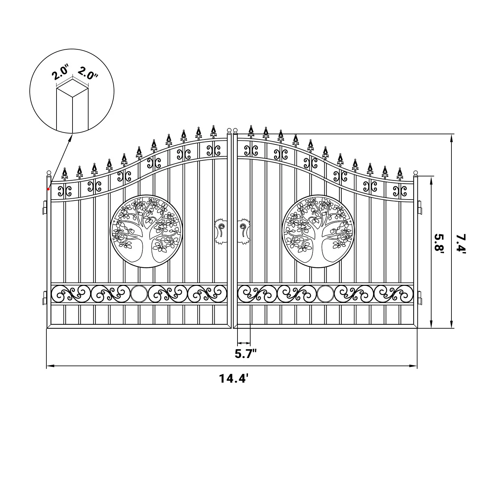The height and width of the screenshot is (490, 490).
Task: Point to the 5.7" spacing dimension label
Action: pyautogui.click(x=246, y=354)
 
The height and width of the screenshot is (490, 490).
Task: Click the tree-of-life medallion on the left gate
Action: pyautogui.click(x=146, y=231)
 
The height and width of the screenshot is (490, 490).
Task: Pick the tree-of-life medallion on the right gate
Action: pyautogui.click(x=318, y=231)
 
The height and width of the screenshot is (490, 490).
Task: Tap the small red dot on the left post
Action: pyautogui.click(x=48, y=189)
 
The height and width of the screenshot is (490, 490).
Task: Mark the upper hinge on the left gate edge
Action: pyautogui.click(x=44, y=207)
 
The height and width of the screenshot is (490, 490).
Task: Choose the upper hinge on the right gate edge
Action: pyautogui.click(x=420, y=207)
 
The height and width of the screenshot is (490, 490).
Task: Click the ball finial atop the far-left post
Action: pyautogui.click(x=49, y=173)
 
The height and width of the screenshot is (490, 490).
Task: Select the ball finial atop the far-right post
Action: pyautogui.click(x=416, y=173)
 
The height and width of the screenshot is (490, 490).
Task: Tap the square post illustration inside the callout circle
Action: pyautogui.click(x=72, y=108)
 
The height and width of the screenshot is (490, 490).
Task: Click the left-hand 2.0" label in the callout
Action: pyautogui.click(x=61, y=73)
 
